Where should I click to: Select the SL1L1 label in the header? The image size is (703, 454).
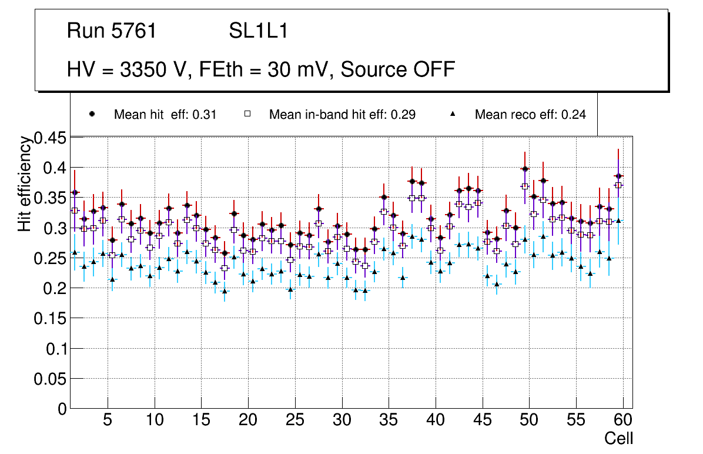[x=259, y=31]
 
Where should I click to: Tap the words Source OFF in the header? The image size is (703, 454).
[x=398, y=69]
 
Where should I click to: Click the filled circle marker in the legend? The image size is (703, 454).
[x=92, y=114]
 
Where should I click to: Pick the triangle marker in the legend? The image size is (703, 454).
[x=453, y=114]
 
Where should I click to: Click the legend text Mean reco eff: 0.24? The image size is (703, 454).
[x=530, y=114]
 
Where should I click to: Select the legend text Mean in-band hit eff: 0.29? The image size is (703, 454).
[x=342, y=114]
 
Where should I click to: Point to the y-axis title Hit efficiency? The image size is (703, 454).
[x=25, y=183]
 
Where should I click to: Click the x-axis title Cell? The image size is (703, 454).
[x=619, y=438]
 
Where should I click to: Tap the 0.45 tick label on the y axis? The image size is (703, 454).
[x=51, y=138]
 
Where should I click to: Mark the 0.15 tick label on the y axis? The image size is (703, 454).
[x=51, y=318]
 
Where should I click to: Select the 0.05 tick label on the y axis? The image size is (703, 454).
[x=51, y=379]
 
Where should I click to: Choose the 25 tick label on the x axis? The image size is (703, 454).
[x=294, y=420]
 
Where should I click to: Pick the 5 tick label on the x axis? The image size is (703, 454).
[x=107, y=420]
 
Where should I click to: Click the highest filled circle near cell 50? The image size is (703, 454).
[x=524, y=169]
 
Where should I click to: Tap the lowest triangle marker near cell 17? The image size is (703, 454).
[x=224, y=291]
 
